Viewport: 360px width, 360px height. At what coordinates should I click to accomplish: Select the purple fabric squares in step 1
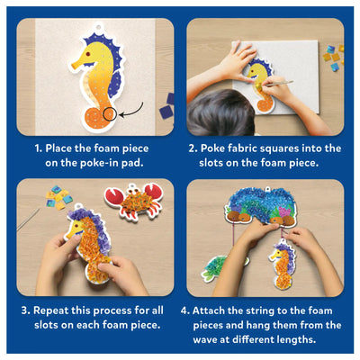click(167, 104)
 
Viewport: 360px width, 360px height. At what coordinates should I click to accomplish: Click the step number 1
click(38, 148)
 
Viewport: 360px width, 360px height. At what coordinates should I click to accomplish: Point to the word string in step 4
click(265, 310)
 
